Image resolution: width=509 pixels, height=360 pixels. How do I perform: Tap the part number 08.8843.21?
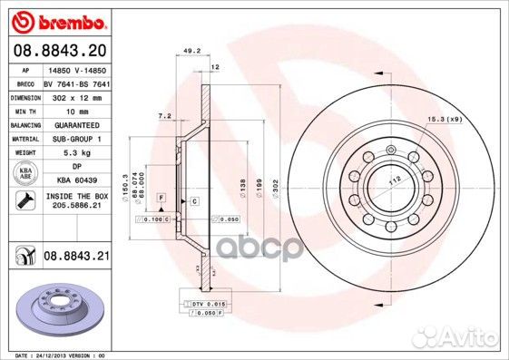click(77, 258)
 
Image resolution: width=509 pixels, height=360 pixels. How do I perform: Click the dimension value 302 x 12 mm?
click(77, 96)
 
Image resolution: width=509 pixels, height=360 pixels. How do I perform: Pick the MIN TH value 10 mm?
click(77, 111)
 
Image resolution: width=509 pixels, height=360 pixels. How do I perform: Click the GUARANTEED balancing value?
click(77, 124)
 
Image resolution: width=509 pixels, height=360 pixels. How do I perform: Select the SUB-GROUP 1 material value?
click(77, 139)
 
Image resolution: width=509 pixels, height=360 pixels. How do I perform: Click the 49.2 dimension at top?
click(191, 52)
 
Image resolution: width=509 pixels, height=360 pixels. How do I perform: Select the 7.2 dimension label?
click(165, 116)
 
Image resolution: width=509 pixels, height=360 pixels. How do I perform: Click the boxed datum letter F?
click(161, 197)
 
